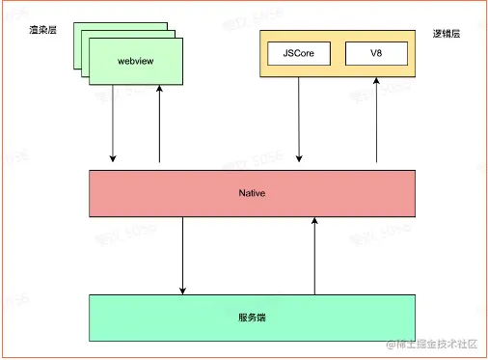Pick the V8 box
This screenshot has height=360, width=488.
click(x=375, y=54)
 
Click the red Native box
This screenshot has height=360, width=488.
click(x=253, y=193)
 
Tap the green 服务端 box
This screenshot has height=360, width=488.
click(x=253, y=317)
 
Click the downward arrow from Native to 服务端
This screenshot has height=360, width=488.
click(x=182, y=255)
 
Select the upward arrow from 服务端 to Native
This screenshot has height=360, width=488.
click(x=314, y=255)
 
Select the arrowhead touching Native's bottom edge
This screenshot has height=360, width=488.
click(x=314, y=222)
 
